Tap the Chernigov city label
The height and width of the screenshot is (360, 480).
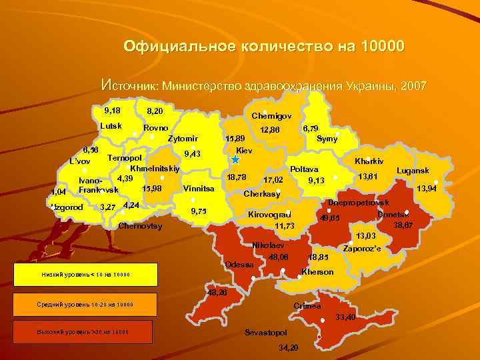271,116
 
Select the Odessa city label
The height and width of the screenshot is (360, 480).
240,265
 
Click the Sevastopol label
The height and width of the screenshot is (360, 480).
266,332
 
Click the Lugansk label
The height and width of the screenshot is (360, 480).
413,171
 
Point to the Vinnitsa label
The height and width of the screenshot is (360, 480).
198,189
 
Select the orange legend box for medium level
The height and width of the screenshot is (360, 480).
84,305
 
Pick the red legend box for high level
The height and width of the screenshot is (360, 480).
84,332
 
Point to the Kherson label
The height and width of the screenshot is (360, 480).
317,272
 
